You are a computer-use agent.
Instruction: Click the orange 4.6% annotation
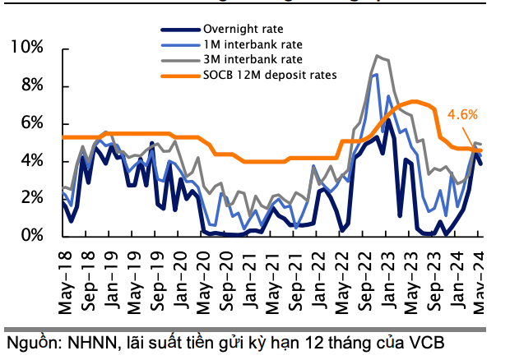click(x=462, y=115)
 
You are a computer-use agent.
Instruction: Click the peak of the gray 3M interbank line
click(x=377, y=56)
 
